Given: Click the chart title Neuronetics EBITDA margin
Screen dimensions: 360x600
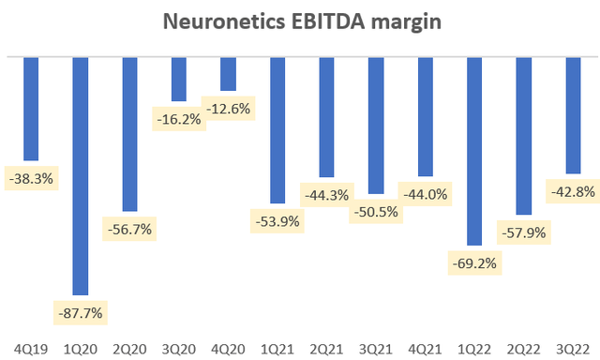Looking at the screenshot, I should [299, 20].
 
